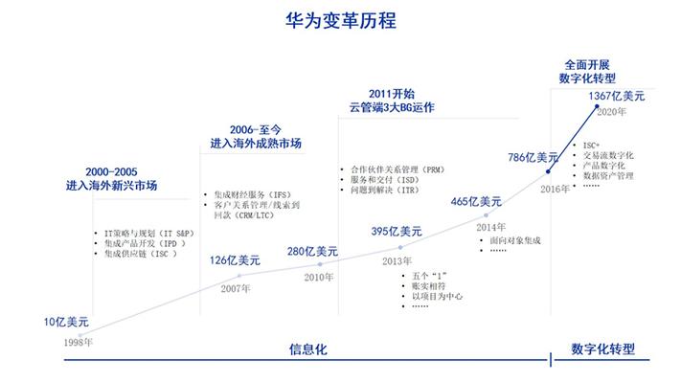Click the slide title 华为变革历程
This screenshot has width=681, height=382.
[x=341, y=20]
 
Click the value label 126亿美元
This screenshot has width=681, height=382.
[x=235, y=260]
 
